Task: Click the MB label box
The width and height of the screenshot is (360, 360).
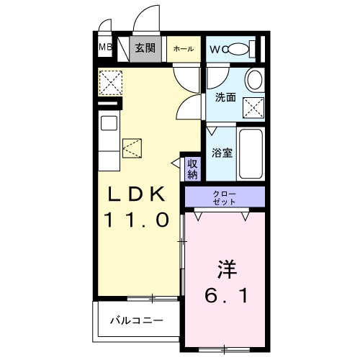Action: tap(105, 49)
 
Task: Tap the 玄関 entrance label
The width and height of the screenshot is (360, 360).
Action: tap(145, 49)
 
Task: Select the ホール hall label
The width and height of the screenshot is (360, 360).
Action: tap(182, 49)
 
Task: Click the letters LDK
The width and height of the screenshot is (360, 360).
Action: tap(138, 194)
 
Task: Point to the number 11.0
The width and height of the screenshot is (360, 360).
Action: tap(138, 219)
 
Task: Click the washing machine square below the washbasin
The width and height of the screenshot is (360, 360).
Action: tap(253, 108)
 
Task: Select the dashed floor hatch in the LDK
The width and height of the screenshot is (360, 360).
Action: tap(133, 148)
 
